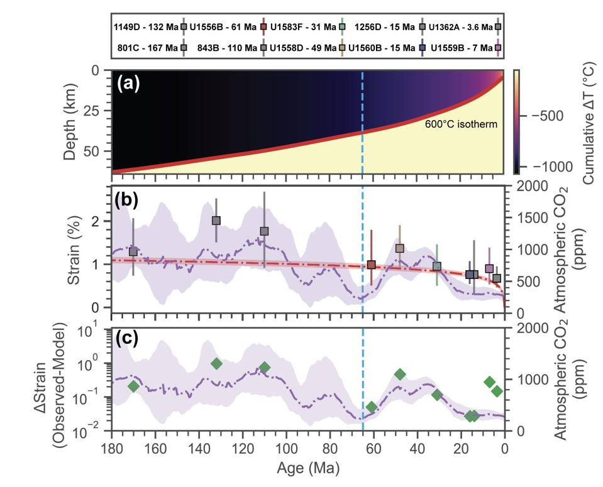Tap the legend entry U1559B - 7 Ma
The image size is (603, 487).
(455, 47)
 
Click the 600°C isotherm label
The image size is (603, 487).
(460, 124)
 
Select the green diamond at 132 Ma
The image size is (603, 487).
(216, 364)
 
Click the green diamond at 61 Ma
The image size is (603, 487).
(372, 407)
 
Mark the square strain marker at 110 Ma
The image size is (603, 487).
(264, 231)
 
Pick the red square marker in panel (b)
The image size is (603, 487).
(372, 265)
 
